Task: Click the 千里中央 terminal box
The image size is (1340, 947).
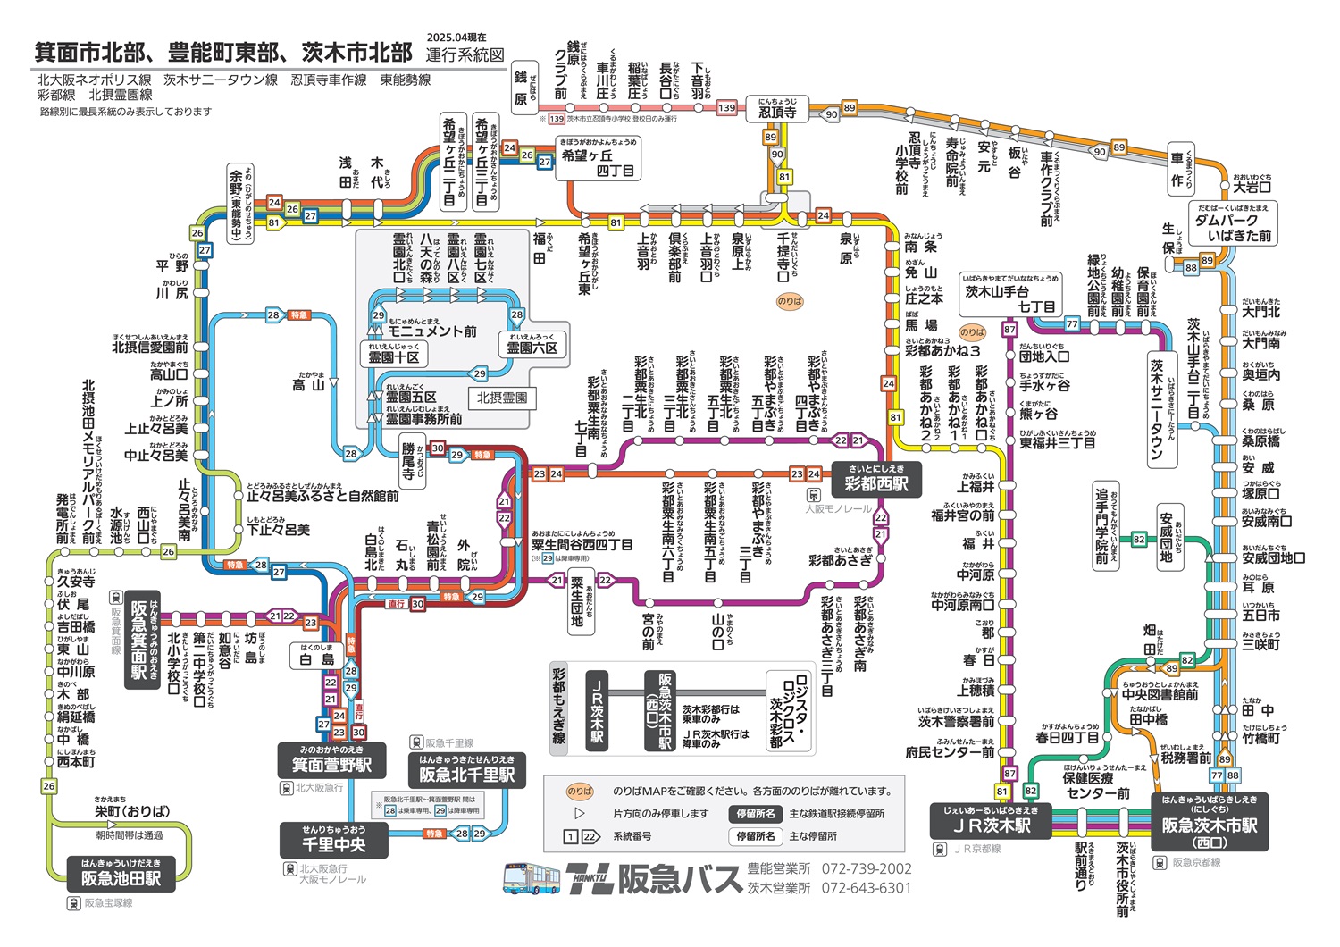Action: coord(333,840)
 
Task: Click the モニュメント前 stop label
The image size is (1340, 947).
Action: coord(432,330)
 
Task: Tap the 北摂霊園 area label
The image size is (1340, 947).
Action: coord(501,398)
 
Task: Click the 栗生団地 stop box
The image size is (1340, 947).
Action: coord(578,603)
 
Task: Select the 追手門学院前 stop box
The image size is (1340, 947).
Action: coord(1103,528)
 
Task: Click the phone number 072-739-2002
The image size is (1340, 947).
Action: coord(867,868)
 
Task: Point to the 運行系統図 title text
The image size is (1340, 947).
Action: coord(465,54)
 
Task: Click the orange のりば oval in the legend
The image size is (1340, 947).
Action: coord(580,791)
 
